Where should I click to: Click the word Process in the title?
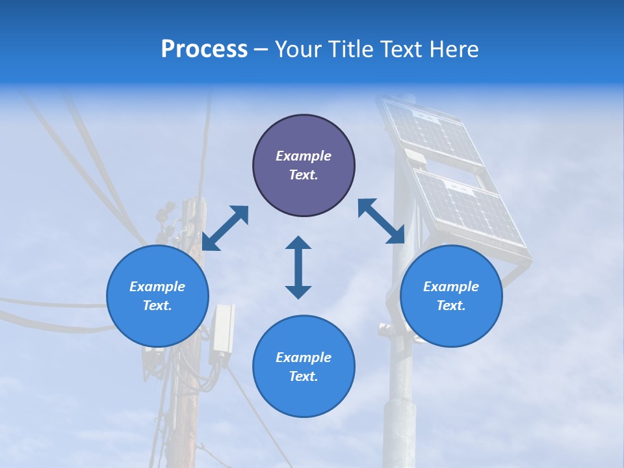[x=204, y=49]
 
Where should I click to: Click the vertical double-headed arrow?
[x=298, y=267]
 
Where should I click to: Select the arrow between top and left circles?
[x=225, y=228]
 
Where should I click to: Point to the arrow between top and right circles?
[x=382, y=221]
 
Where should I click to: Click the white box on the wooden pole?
[x=222, y=328]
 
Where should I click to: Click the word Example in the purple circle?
[x=304, y=156]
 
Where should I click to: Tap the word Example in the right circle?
[x=451, y=287]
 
